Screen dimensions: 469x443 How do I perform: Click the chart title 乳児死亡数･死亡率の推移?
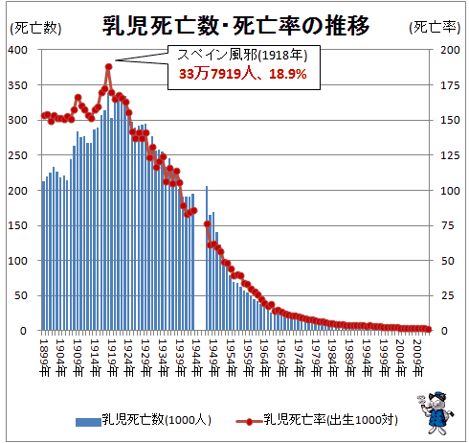pos(235,26)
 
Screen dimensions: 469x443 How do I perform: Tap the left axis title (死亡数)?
pos(35,28)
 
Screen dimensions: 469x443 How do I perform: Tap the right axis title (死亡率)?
pos(435,28)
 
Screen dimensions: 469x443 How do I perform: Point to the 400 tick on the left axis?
pos(18,50)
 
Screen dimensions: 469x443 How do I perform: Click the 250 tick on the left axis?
pos(18,155)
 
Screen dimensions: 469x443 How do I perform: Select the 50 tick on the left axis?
pos(21,295)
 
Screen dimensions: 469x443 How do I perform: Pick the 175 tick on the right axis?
pos(450,85)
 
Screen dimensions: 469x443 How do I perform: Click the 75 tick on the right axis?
pos(447,225)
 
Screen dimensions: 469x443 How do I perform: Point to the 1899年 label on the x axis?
pos(44,358)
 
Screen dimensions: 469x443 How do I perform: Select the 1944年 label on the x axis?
pos(196,358)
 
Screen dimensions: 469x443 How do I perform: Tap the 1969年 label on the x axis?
pos(281,358)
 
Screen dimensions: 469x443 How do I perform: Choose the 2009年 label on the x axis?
pos(417,358)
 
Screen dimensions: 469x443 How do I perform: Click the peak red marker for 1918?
pos(109,67)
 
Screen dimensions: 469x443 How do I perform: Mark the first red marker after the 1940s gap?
pos(207,224)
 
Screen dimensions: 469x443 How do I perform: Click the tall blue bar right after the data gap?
pos(207,258)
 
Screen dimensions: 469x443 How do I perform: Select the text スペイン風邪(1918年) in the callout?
pos(242,55)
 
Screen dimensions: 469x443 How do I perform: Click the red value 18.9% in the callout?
pos(288,74)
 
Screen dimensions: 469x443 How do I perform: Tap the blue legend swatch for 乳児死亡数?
pos(88,422)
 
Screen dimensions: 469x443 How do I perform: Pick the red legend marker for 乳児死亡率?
pos(249,422)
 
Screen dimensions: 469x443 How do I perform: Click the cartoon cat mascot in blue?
pos(435,412)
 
